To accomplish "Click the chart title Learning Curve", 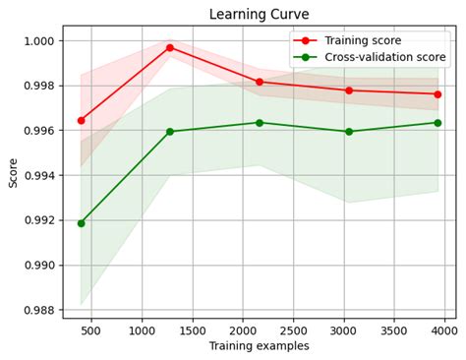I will pyautogui.click(x=259, y=14).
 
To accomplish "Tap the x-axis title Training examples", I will pyautogui.click(x=259, y=346).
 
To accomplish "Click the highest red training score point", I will pyautogui.click(x=170, y=47).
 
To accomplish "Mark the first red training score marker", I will pyautogui.click(x=81, y=120).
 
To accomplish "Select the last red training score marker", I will pyautogui.click(x=437, y=94).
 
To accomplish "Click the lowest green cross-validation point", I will pyautogui.click(x=81, y=223).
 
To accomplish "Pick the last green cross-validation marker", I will pyautogui.click(x=437, y=123).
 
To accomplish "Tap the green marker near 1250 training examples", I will pyautogui.click(x=170, y=131).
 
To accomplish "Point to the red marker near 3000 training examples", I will pyautogui.click(x=349, y=90).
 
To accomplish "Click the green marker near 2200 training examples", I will pyautogui.click(x=260, y=123).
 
